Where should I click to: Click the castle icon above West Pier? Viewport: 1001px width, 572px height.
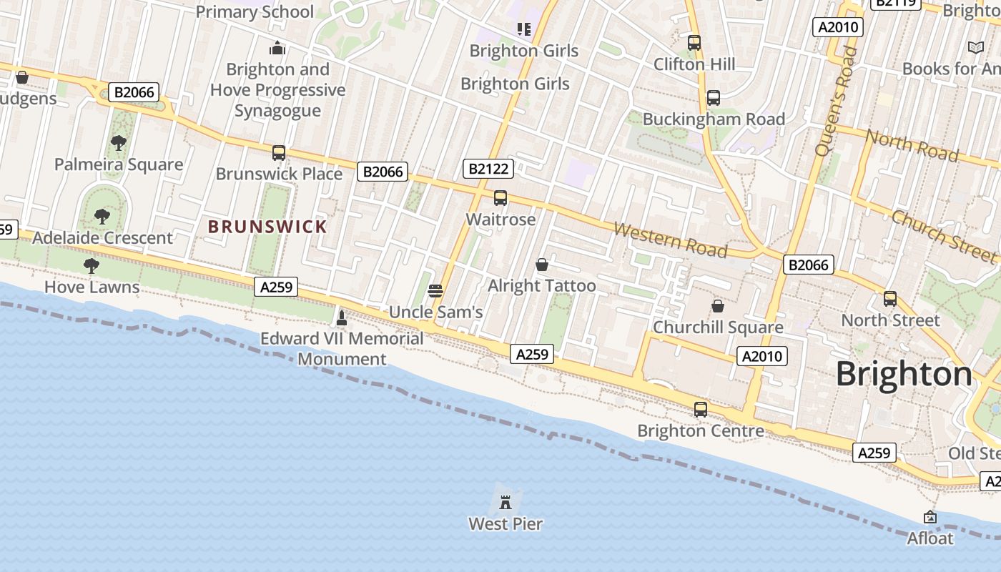[x=506, y=501]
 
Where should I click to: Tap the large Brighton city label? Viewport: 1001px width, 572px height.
[x=904, y=374]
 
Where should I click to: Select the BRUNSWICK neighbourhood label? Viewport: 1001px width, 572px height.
[x=267, y=227]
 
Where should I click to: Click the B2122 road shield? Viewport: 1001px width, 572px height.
[x=488, y=169]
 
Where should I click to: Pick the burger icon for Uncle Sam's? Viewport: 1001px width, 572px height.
[x=435, y=290]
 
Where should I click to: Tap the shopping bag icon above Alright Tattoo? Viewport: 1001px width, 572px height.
[x=542, y=265]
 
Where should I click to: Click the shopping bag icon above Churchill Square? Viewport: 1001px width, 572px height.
[x=718, y=306]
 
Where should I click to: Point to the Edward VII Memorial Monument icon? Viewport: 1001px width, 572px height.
[x=342, y=317]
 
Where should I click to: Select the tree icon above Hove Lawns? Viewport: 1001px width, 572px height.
[x=92, y=266]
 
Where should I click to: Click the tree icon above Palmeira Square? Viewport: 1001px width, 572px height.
[x=119, y=143]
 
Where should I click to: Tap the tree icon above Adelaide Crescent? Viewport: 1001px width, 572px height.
[x=102, y=216]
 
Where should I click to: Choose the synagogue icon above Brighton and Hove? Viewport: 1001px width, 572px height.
[x=277, y=48]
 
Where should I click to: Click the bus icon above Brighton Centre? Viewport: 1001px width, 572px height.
[x=701, y=410]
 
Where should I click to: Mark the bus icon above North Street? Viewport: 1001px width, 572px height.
[x=890, y=298]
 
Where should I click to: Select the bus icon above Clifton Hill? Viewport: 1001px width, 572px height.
[x=694, y=43]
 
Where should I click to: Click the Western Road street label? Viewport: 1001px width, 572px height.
[x=671, y=240]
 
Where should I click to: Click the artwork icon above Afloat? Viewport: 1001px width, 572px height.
[x=930, y=516]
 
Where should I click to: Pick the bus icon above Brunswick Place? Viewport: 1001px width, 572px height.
[x=279, y=152]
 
